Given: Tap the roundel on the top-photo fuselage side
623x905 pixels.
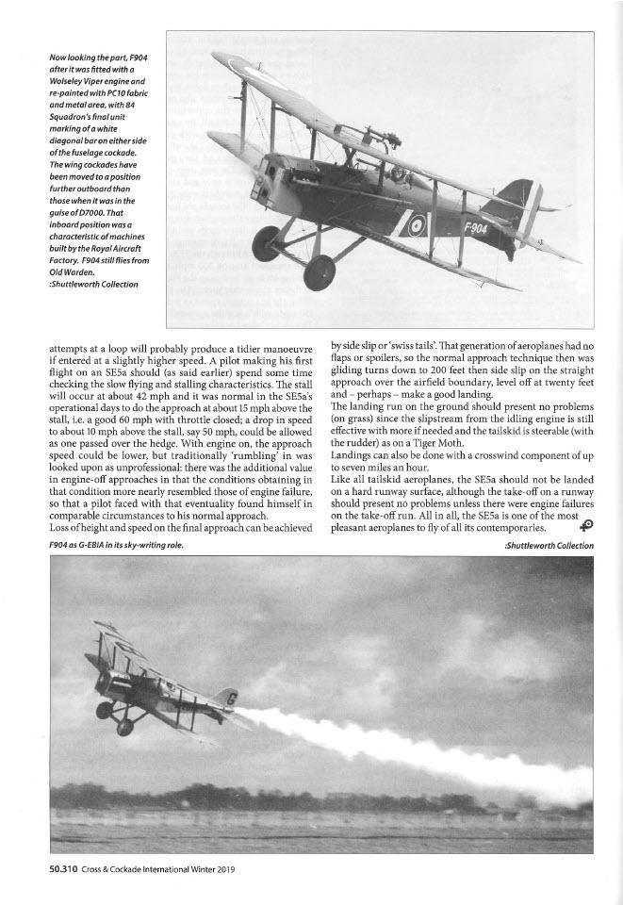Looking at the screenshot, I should point(416,224).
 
